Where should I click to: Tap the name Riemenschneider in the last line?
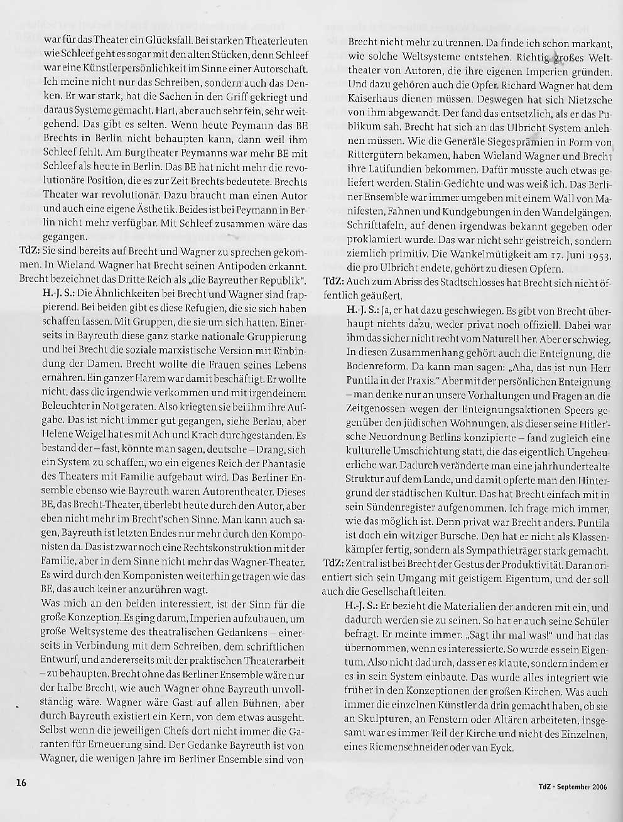(389, 747)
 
